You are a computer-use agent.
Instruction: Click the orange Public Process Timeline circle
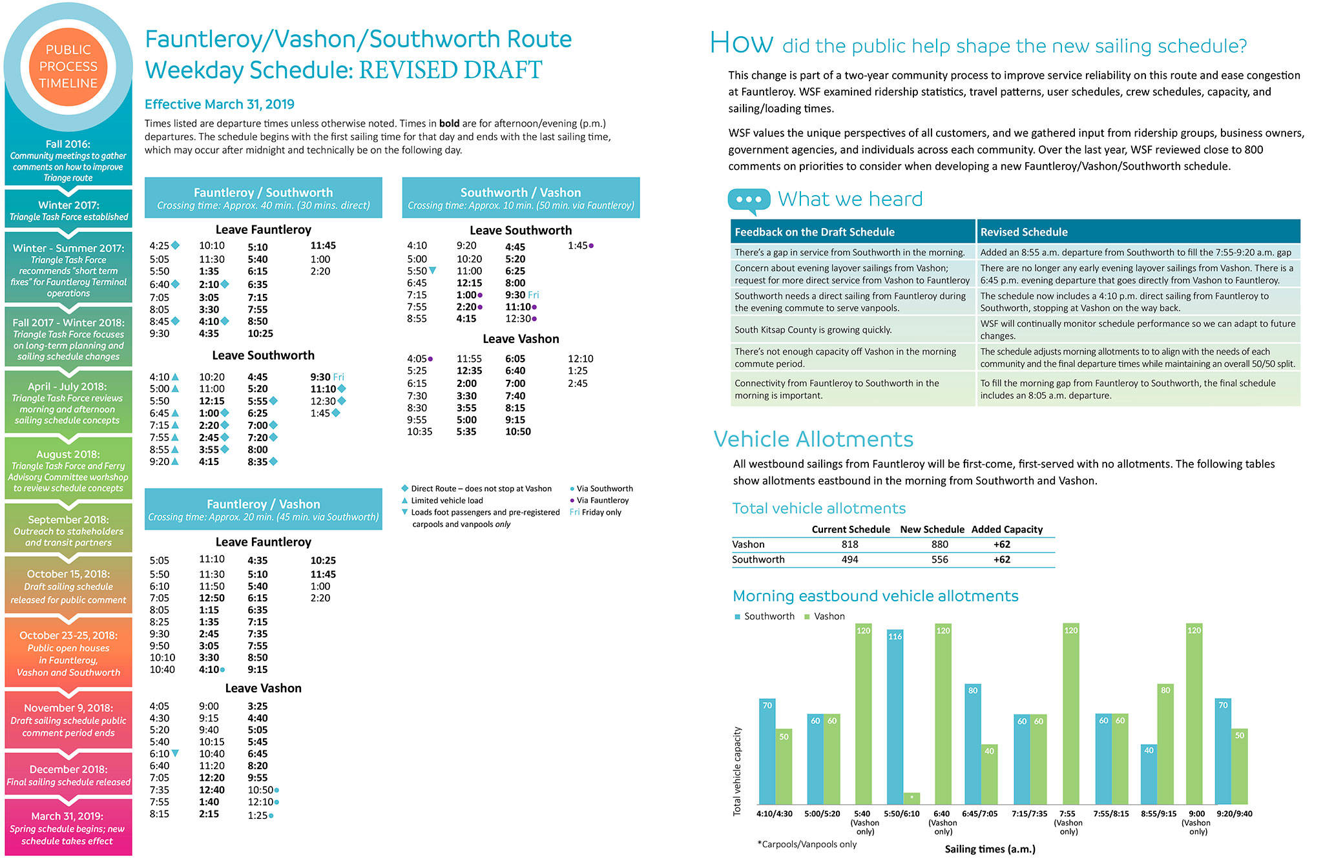coord(68,67)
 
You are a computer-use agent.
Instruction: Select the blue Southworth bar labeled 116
coord(895,717)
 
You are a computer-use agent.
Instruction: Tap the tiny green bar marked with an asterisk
coord(912,798)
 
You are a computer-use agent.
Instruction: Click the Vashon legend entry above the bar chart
coord(825,616)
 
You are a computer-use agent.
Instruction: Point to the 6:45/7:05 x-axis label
coord(980,814)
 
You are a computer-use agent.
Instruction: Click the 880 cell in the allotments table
coord(940,544)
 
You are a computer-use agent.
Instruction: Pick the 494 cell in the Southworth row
coord(849,559)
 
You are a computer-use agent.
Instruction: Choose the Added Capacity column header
coord(1006,529)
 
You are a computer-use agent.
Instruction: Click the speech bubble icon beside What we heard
coord(748,200)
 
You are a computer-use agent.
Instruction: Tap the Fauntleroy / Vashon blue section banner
coord(263,509)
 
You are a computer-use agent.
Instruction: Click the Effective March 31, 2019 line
coord(220,104)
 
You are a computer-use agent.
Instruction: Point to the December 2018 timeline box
coord(68,775)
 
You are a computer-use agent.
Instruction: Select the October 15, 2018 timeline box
coord(68,586)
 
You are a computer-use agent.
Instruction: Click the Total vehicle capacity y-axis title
coord(737,771)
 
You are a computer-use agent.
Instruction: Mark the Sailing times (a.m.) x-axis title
coord(990,849)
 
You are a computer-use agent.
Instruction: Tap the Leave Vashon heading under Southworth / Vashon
coord(521,339)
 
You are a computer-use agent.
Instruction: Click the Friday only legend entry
coord(596,512)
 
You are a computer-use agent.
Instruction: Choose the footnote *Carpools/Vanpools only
coord(807,844)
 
